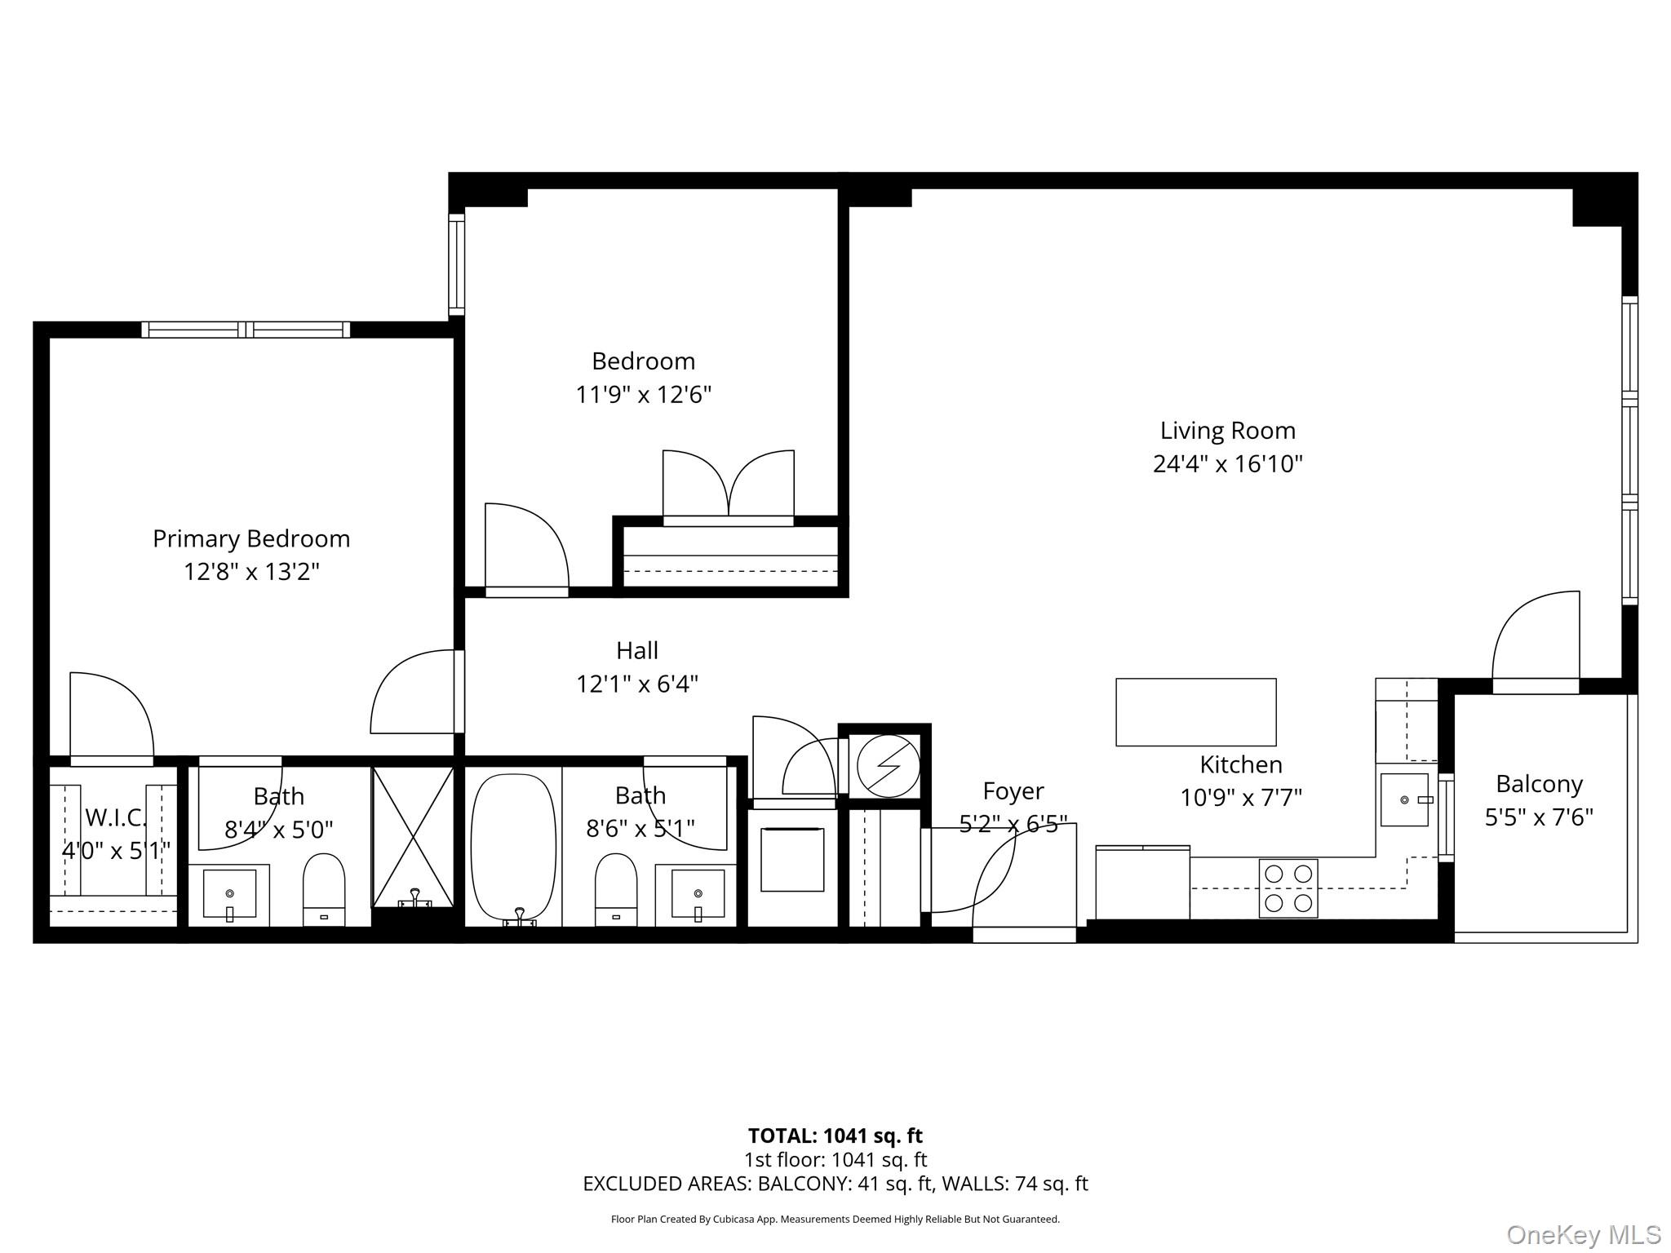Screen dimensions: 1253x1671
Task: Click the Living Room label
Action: point(1227,431)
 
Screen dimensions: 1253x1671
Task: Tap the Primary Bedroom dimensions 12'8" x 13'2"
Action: point(251,572)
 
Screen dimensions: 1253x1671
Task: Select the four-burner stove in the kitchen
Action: point(1288,888)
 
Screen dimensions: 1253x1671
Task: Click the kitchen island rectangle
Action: point(1195,712)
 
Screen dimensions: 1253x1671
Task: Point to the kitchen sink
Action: point(1404,800)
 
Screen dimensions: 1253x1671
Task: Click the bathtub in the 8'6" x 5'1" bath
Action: point(513,848)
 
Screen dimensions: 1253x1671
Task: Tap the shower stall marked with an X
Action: point(413,836)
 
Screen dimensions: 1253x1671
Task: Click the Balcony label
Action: point(1539,784)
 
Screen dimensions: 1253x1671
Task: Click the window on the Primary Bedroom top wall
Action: point(246,330)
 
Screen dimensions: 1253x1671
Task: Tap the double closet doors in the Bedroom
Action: point(728,485)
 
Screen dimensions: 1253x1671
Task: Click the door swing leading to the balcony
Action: point(1536,640)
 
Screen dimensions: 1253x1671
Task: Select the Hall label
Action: point(637,650)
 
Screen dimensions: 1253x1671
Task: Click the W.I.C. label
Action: point(114,817)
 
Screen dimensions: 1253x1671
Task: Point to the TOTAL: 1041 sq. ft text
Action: point(835,1136)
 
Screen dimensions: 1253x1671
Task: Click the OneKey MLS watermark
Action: point(1583,1235)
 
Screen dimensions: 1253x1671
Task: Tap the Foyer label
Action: point(1013,791)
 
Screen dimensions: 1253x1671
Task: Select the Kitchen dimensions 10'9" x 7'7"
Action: point(1240,797)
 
